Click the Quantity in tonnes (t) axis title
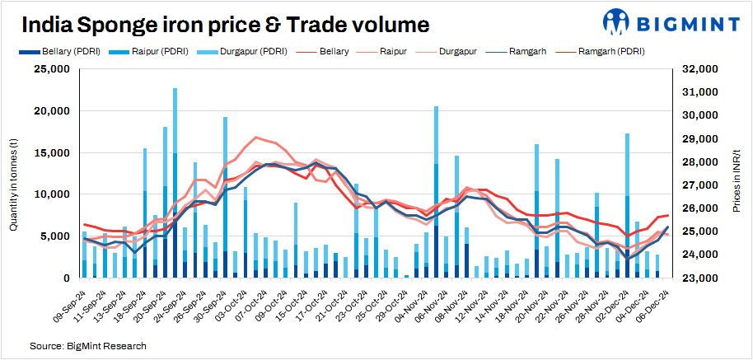[x=14, y=173]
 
